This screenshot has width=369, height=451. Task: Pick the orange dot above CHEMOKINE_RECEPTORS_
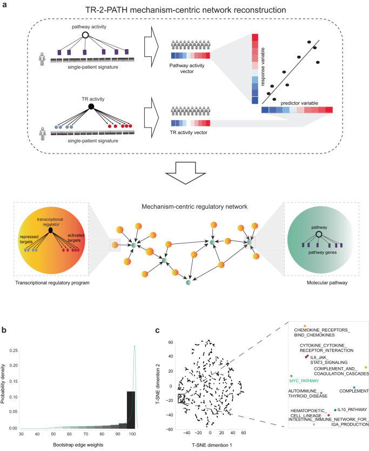click(305, 326)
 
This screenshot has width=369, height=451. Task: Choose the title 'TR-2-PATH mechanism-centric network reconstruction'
click(184, 9)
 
